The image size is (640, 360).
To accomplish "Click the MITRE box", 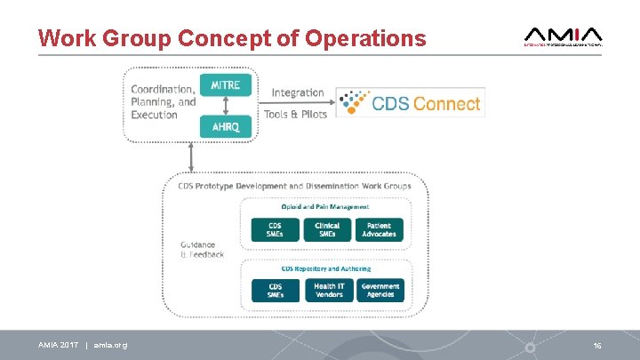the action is pyautogui.click(x=225, y=85).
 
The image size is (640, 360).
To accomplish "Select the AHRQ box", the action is pyautogui.click(x=225, y=126).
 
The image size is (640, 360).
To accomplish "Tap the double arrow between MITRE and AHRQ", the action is pyautogui.click(x=225, y=106).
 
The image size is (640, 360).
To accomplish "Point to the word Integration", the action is pyautogui.click(x=298, y=92).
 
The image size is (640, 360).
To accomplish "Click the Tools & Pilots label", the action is pyautogui.click(x=296, y=115).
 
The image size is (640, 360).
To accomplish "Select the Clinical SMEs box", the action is pyautogui.click(x=327, y=229).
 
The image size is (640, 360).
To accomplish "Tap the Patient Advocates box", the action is pyautogui.click(x=380, y=229).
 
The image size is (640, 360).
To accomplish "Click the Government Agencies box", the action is pyautogui.click(x=380, y=290).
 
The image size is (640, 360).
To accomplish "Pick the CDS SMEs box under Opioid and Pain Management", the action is pyautogui.click(x=276, y=229).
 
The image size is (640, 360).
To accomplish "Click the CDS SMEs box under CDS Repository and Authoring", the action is pyautogui.click(x=276, y=290).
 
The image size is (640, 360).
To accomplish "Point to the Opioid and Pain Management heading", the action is pyautogui.click(x=326, y=206).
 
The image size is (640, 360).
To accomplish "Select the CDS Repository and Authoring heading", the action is pyautogui.click(x=326, y=268).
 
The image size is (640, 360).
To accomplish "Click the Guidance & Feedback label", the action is pyautogui.click(x=202, y=250).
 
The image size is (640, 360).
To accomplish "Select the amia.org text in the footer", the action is pyautogui.click(x=110, y=345).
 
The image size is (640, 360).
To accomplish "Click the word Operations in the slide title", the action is pyautogui.click(x=365, y=39).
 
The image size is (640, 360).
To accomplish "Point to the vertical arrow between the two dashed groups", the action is pyautogui.click(x=191, y=156).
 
